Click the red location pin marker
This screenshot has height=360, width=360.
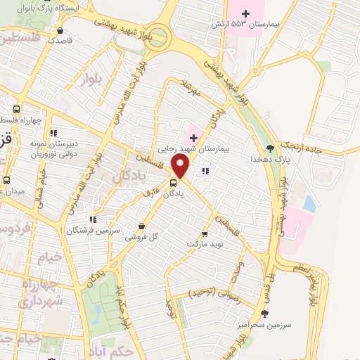181,167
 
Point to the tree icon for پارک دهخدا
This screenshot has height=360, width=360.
270,148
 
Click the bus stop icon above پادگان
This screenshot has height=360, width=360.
174,184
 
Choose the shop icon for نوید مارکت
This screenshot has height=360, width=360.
205,234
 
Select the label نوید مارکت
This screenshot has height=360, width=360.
205,244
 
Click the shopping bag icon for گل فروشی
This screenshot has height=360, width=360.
143,226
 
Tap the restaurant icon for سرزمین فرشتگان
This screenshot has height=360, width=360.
94,219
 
